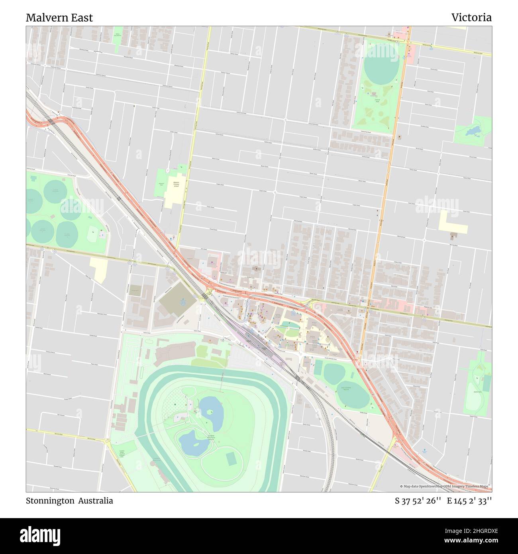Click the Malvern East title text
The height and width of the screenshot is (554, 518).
point(59,18)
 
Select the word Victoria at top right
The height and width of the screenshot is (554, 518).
point(471,18)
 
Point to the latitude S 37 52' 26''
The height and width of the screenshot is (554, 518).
point(418,501)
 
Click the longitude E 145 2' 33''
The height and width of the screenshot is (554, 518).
point(469,501)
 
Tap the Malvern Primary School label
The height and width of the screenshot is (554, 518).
point(176,184)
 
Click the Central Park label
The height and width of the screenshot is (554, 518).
point(377,102)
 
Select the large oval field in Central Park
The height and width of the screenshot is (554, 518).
point(381,67)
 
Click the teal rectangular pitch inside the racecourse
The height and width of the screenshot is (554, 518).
point(231,459)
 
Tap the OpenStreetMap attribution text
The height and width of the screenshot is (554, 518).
point(445,486)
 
